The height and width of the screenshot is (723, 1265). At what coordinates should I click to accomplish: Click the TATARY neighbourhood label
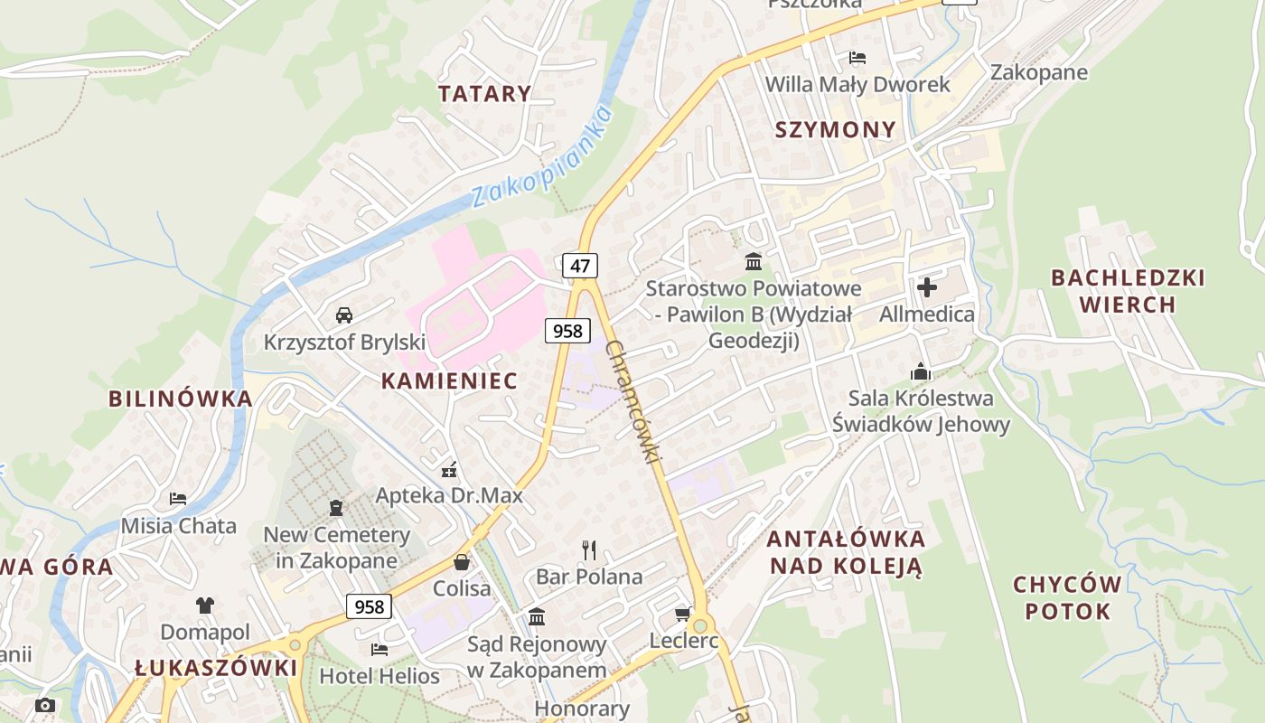(484, 93)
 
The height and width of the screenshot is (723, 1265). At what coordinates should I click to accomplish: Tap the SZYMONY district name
(836, 129)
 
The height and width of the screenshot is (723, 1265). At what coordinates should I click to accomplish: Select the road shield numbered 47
(579, 265)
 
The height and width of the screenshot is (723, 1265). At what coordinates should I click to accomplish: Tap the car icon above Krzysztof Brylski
(343, 315)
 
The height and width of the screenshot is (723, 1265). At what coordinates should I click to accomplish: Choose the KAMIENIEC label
(449, 380)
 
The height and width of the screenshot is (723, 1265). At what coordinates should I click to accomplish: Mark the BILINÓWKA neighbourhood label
(180, 399)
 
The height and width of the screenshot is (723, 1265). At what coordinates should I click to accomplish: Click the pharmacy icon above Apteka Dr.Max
(448, 469)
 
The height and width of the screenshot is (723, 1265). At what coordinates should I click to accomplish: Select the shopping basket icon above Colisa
(462, 562)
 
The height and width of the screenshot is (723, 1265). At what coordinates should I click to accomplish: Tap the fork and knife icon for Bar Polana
(589, 549)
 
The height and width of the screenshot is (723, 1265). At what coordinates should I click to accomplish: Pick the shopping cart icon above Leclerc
(683, 615)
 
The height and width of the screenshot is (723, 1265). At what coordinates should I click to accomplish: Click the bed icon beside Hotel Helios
(379, 649)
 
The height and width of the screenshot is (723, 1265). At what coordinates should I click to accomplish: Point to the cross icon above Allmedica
(927, 287)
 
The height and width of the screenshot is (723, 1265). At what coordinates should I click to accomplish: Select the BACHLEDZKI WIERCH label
(1128, 290)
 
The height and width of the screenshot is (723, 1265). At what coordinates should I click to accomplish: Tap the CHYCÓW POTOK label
(1067, 597)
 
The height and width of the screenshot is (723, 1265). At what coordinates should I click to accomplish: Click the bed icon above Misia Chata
(178, 499)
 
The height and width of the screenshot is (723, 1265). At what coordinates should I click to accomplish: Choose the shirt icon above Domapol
(205, 605)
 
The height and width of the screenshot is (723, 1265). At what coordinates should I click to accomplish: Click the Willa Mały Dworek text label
(857, 85)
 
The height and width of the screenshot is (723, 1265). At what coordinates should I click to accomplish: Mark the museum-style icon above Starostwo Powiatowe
(753, 262)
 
